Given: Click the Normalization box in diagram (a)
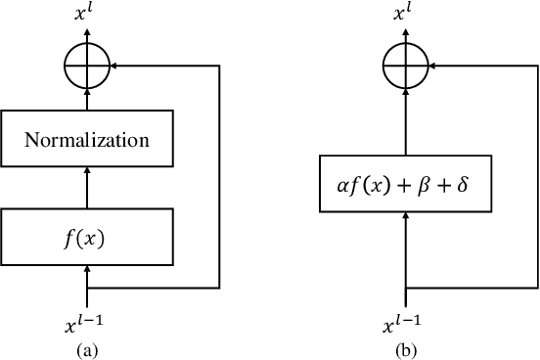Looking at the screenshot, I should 88,140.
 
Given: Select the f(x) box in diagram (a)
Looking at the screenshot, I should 88,236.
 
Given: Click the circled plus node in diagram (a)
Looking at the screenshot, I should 88,66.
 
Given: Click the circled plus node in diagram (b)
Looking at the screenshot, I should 405,66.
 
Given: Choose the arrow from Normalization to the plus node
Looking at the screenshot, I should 88,100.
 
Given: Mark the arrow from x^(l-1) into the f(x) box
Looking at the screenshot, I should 88,280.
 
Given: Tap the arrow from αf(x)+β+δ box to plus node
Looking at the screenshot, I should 405,122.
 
